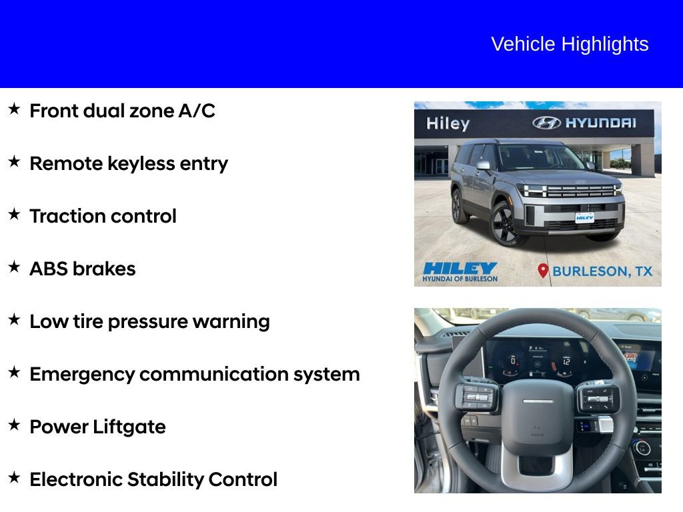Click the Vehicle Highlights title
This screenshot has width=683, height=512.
[570, 44]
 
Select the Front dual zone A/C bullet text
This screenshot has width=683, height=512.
[122, 111]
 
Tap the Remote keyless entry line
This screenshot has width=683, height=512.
[129, 163]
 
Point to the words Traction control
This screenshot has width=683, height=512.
[103, 216]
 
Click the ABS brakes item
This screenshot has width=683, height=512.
[82, 269]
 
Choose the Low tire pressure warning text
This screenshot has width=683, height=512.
[149, 321]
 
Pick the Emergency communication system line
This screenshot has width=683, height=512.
[194, 374]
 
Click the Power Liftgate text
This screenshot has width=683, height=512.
[97, 427]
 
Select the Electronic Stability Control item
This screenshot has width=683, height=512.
[153, 479]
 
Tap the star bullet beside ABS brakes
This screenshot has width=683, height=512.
[14, 267]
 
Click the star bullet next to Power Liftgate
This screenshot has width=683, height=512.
[14, 425]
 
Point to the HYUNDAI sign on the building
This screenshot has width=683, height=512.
[584, 123]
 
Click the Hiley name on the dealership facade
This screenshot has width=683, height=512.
[448, 123]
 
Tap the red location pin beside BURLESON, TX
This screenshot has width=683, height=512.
[543, 271]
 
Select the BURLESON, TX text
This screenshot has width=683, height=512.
[602, 271]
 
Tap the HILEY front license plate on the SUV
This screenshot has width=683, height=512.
[584, 217]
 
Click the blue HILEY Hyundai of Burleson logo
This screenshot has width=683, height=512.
[460, 271]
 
